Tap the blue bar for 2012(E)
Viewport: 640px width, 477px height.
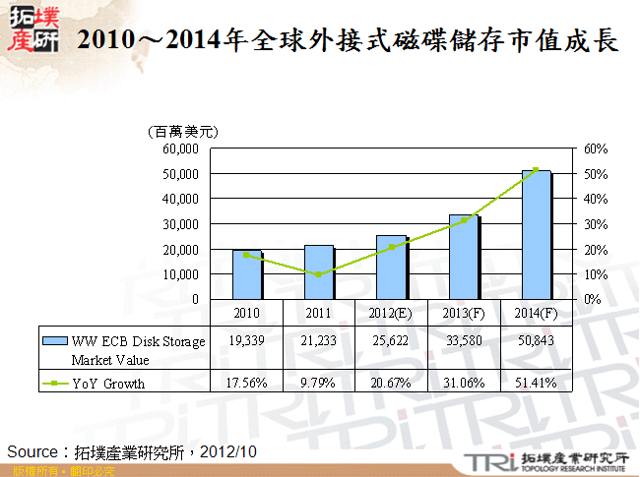[391, 266]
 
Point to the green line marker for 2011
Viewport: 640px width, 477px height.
[319, 274]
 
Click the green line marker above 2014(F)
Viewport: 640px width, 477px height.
[536, 169]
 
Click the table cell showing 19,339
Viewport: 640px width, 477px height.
[246, 341]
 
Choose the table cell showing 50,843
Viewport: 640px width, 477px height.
[536, 341]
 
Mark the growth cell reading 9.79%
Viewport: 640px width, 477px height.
[318, 384]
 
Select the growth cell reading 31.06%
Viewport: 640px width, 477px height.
[463, 384]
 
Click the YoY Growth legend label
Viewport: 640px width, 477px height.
[107, 384]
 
